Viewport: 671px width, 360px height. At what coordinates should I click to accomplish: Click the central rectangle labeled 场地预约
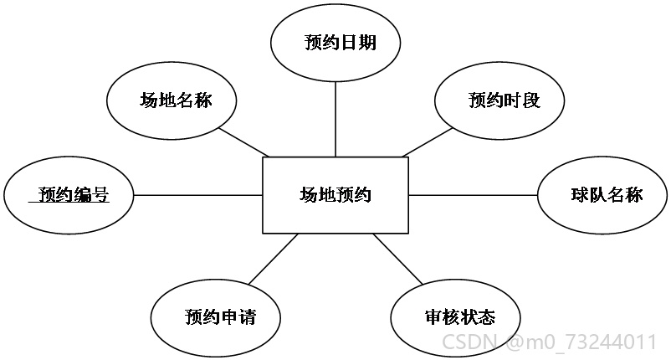[x=335, y=195]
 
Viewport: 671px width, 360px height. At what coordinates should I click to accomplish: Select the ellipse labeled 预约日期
[x=335, y=43]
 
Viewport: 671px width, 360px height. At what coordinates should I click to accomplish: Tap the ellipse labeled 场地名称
[x=172, y=100]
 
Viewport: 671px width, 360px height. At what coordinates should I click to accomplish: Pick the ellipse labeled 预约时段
[x=499, y=100]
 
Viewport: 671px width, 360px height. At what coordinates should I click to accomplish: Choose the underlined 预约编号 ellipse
[x=69, y=195]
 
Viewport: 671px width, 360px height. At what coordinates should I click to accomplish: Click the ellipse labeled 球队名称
[x=602, y=195]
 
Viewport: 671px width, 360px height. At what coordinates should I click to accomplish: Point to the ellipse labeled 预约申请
[x=216, y=317]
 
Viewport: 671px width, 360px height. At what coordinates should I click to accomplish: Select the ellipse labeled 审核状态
[x=455, y=317]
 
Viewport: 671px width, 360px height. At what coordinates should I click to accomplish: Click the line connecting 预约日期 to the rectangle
[x=335, y=119]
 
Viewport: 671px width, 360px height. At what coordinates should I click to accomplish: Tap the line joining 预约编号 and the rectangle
[x=198, y=195]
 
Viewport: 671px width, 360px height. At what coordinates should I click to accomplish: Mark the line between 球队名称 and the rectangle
[x=473, y=195]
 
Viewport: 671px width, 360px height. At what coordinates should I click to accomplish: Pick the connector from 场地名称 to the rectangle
[x=244, y=142]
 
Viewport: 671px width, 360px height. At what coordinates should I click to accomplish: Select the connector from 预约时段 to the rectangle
[x=427, y=142]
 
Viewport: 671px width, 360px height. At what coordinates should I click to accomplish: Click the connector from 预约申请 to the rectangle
[x=274, y=259]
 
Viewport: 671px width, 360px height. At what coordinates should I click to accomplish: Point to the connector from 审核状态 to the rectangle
[x=398, y=259]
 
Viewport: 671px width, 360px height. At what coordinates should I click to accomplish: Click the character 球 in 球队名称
[x=580, y=195]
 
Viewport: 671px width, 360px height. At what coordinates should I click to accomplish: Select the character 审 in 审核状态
[x=433, y=317]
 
